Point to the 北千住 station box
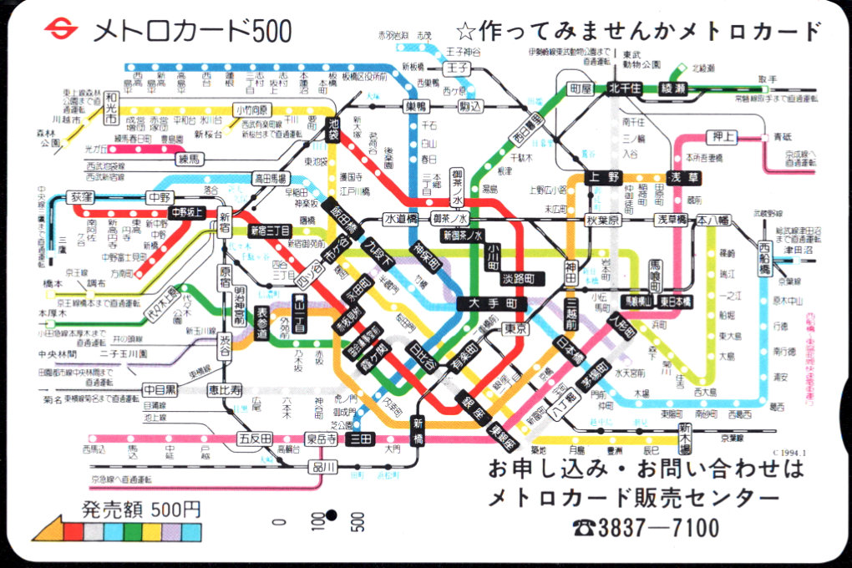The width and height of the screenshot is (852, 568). pos(624,87)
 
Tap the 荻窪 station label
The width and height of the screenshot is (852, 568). pos(82,198)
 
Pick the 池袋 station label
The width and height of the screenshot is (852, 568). pos(334,129)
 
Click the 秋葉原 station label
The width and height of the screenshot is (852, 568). pos(603,221)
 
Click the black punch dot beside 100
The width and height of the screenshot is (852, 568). pos(331,515)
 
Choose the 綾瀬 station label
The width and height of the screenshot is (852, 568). pos(677,87)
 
